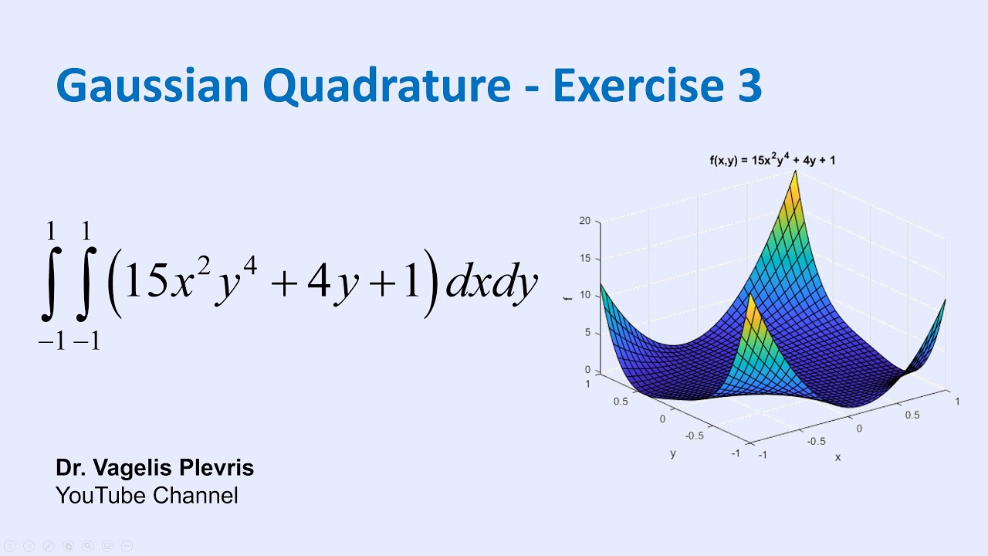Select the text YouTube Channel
pyautogui.click(x=147, y=495)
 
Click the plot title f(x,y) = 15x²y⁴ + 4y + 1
pyautogui.click(x=772, y=161)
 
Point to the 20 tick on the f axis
pyautogui.click(x=584, y=221)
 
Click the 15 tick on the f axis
pyautogui.click(x=584, y=258)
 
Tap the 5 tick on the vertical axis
pyautogui.click(x=587, y=333)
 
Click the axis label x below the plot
pyautogui.click(x=837, y=457)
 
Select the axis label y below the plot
pyautogui.click(x=673, y=453)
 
